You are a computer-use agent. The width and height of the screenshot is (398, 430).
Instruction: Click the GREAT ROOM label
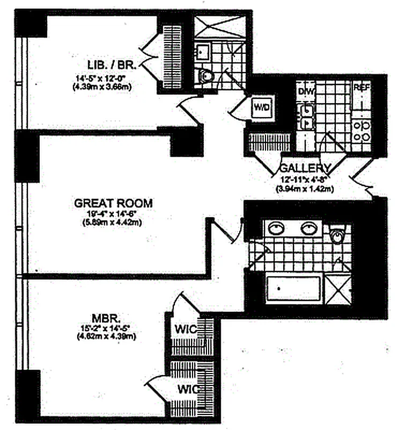[x=113, y=203]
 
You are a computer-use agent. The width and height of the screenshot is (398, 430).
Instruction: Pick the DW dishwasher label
[x=306, y=91]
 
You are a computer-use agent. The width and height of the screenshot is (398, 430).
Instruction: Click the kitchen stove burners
[x=362, y=131]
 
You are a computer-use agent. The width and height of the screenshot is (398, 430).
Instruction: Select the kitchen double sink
[x=307, y=116]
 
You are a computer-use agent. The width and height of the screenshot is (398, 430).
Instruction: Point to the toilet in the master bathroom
[x=337, y=235]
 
